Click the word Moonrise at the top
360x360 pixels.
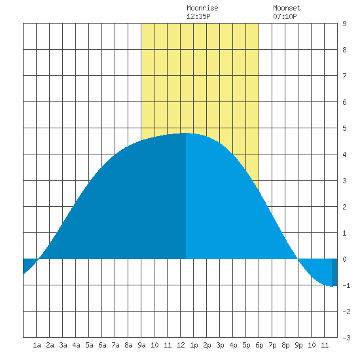pyautogui.click(x=202, y=9)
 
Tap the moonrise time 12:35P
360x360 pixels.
pyautogui.click(x=198, y=16)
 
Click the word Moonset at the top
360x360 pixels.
pyautogui.click(x=287, y=9)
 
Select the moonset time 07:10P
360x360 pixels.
pyautogui.click(x=285, y=16)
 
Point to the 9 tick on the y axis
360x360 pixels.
pyautogui.click(x=344, y=24)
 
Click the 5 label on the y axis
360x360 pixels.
pyautogui.click(x=344, y=128)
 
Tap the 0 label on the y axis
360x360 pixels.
pyautogui.click(x=344, y=259)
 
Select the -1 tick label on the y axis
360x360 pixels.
pyautogui.click(x=346, y=285)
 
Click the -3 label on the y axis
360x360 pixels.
pyautogui.click(x=346, y=338)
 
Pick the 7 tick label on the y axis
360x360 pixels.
pyautogui.click(x=344, y=76)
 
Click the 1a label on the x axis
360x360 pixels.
pyautogui.click(x=37, y=345)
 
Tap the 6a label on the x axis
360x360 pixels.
pyautogui.click(x=102, y=345)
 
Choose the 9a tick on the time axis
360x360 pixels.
pyautogui.click(x=141, y=345)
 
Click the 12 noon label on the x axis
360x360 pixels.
pyautogui.click(x=181, y=345)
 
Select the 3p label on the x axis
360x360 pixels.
pyautogui.click(x=220, y=345)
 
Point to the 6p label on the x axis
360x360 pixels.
pyautogui.click(x=259, y=345)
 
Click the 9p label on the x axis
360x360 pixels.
pyautogui.click(x=298, y=345)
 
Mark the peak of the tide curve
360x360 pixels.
pyautogui.click(x=186, y=133)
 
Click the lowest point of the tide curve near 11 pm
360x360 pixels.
pyautogui.click(x=332, y=286)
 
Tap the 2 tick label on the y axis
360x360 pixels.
pyautogui.click(x=344, y=207)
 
